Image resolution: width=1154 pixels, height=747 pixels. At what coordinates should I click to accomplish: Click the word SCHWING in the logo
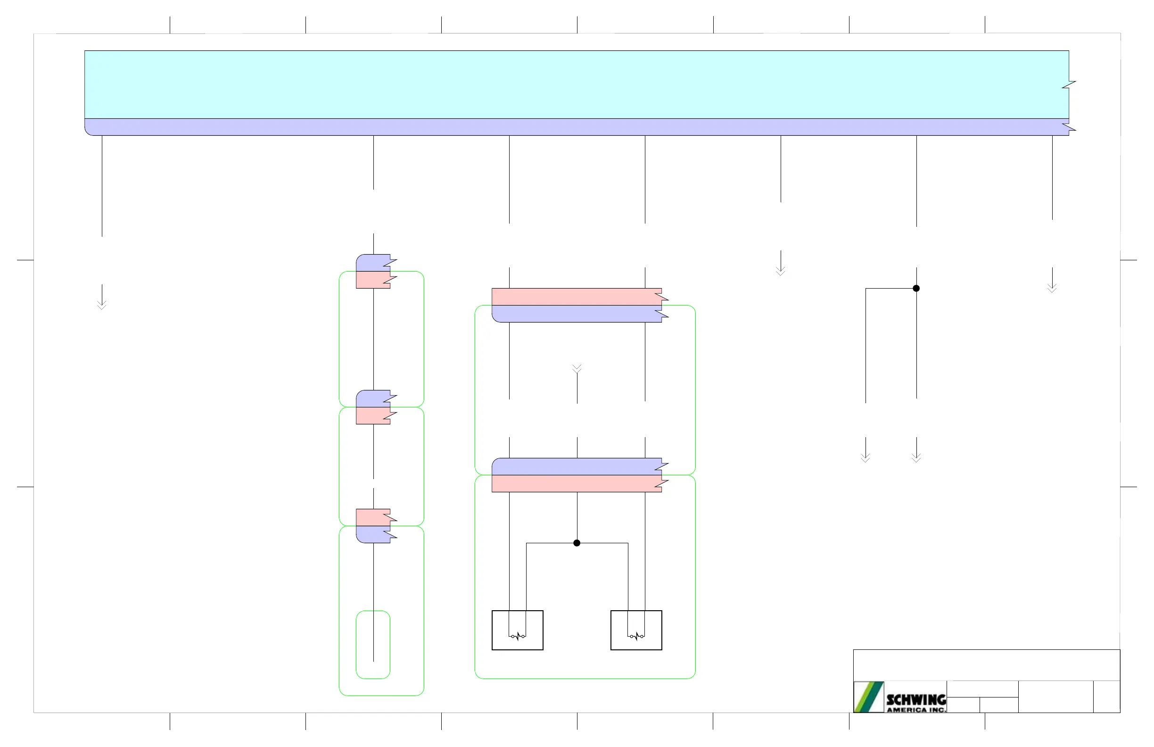[x=916, y=699]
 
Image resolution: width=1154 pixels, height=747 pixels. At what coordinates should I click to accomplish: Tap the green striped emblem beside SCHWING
[x=868, y=697]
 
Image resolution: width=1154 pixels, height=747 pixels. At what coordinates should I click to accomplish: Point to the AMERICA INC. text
[x=916, y=710]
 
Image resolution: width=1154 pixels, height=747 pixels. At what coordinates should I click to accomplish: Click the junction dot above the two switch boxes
[x=577, y=543]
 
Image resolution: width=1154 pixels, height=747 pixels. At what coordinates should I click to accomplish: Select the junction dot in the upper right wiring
[x=916, y=288]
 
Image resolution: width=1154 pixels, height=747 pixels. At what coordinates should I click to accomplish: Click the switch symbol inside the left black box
[x=517, y=636]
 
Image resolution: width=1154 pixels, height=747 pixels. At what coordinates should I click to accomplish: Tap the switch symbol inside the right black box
[x=636, y=636]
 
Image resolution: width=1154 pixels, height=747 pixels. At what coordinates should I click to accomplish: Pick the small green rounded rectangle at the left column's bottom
[x=373, y=644]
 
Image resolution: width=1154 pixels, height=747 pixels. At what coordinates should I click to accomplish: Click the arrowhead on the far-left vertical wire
[x=102, y=305]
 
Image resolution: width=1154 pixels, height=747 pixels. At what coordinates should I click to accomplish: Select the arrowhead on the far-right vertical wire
[x=1052, y=288]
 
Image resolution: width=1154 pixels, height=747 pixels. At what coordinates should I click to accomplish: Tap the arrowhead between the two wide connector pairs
[x=577, y=369]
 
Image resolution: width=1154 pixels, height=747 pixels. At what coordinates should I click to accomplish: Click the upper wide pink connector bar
[x=577, y=297]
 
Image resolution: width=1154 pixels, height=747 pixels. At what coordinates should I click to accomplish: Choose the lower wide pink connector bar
[x=577, y=483]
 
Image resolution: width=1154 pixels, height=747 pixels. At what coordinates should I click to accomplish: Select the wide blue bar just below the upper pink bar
[x=577, y=314]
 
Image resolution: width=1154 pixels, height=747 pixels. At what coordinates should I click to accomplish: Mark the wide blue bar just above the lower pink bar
[x=577, y=466]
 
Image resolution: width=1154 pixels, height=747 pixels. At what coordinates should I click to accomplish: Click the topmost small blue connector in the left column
[x=373, y=263]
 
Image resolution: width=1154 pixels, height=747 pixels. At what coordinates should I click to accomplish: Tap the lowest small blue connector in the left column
[x=373, y=534]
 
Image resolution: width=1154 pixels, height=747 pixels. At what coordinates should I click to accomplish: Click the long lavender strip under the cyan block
[x=577, y=127]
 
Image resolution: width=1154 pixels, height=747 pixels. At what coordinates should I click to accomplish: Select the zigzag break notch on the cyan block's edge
[x=1069, y=85]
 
